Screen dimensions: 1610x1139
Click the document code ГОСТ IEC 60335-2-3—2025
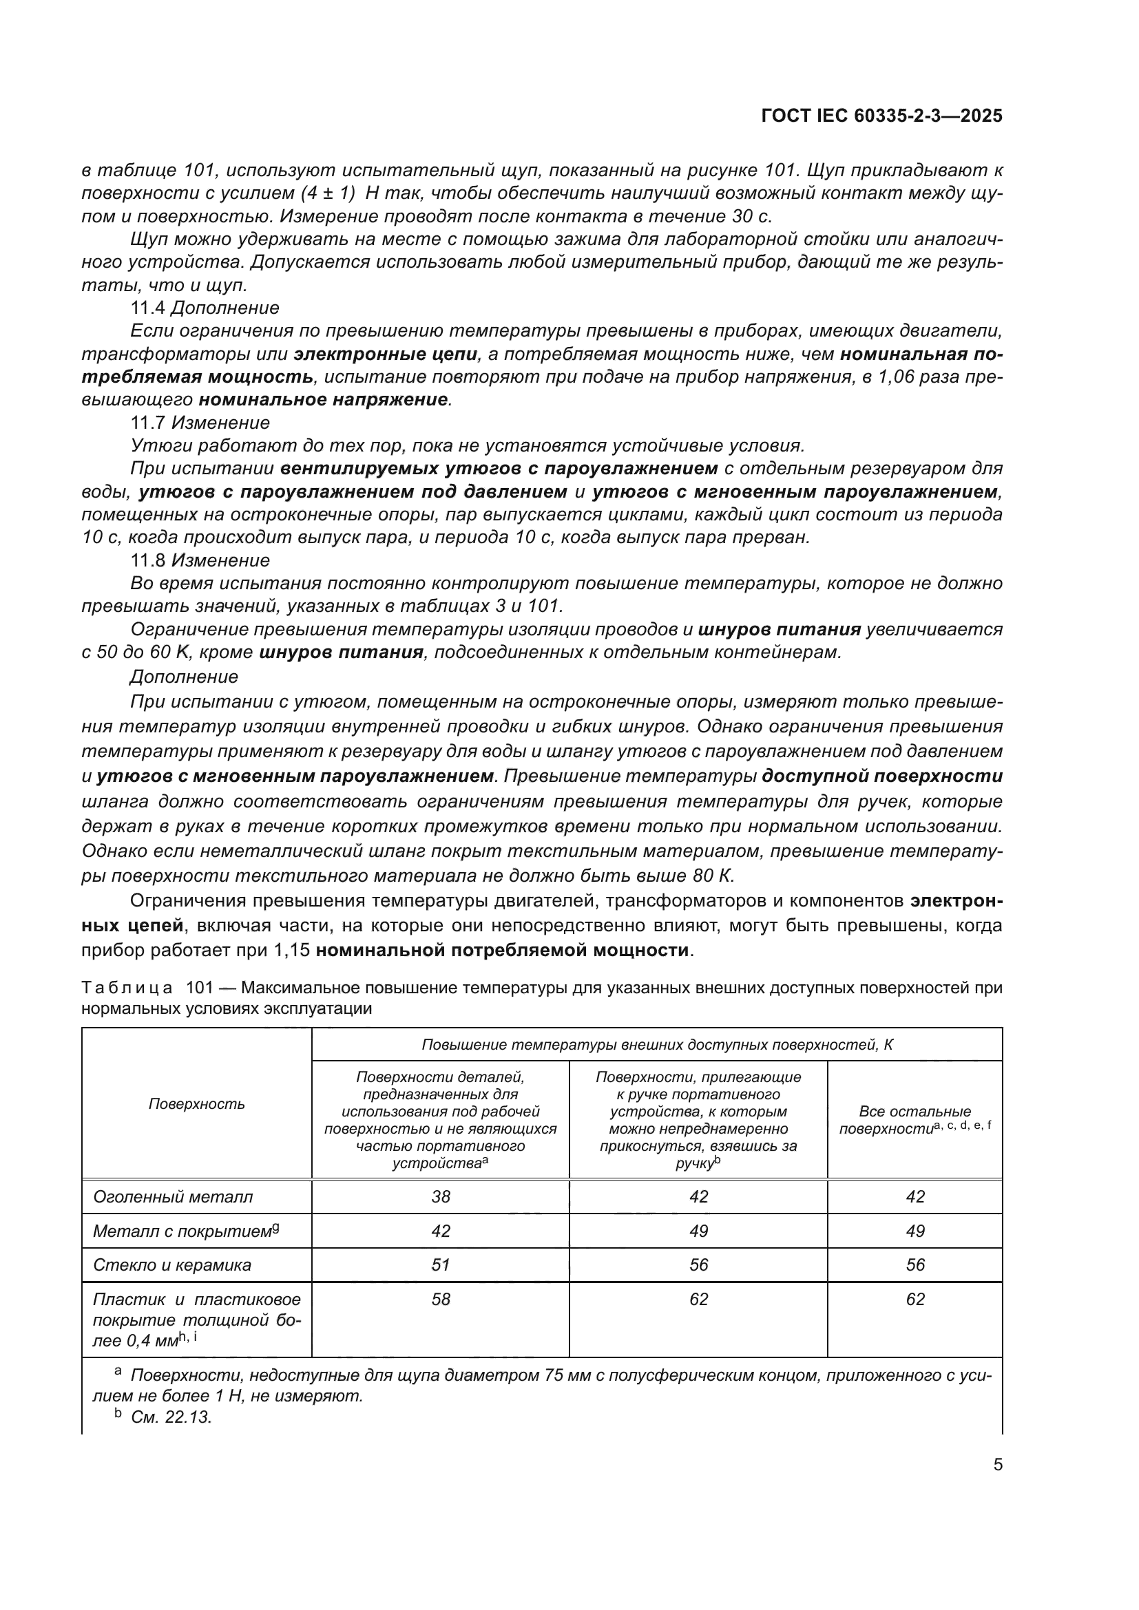point(881,116)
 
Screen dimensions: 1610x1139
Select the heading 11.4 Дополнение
point(205,308)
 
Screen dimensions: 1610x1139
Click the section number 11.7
point(148,423)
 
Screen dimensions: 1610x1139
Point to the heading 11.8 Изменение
point(200,560)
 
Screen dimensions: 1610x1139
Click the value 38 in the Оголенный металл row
point(441,1196)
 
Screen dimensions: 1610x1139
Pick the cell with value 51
point(441,1264)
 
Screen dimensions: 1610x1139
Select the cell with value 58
point(441,1299)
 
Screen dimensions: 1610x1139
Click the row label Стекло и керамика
point(172,1265)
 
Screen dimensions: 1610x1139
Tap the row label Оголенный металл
point(173,1197)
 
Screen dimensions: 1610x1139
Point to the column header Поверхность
point(196,1103)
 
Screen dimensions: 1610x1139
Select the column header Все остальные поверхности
point(915,1120)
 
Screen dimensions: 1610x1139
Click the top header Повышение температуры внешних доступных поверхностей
point(656,1045)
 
